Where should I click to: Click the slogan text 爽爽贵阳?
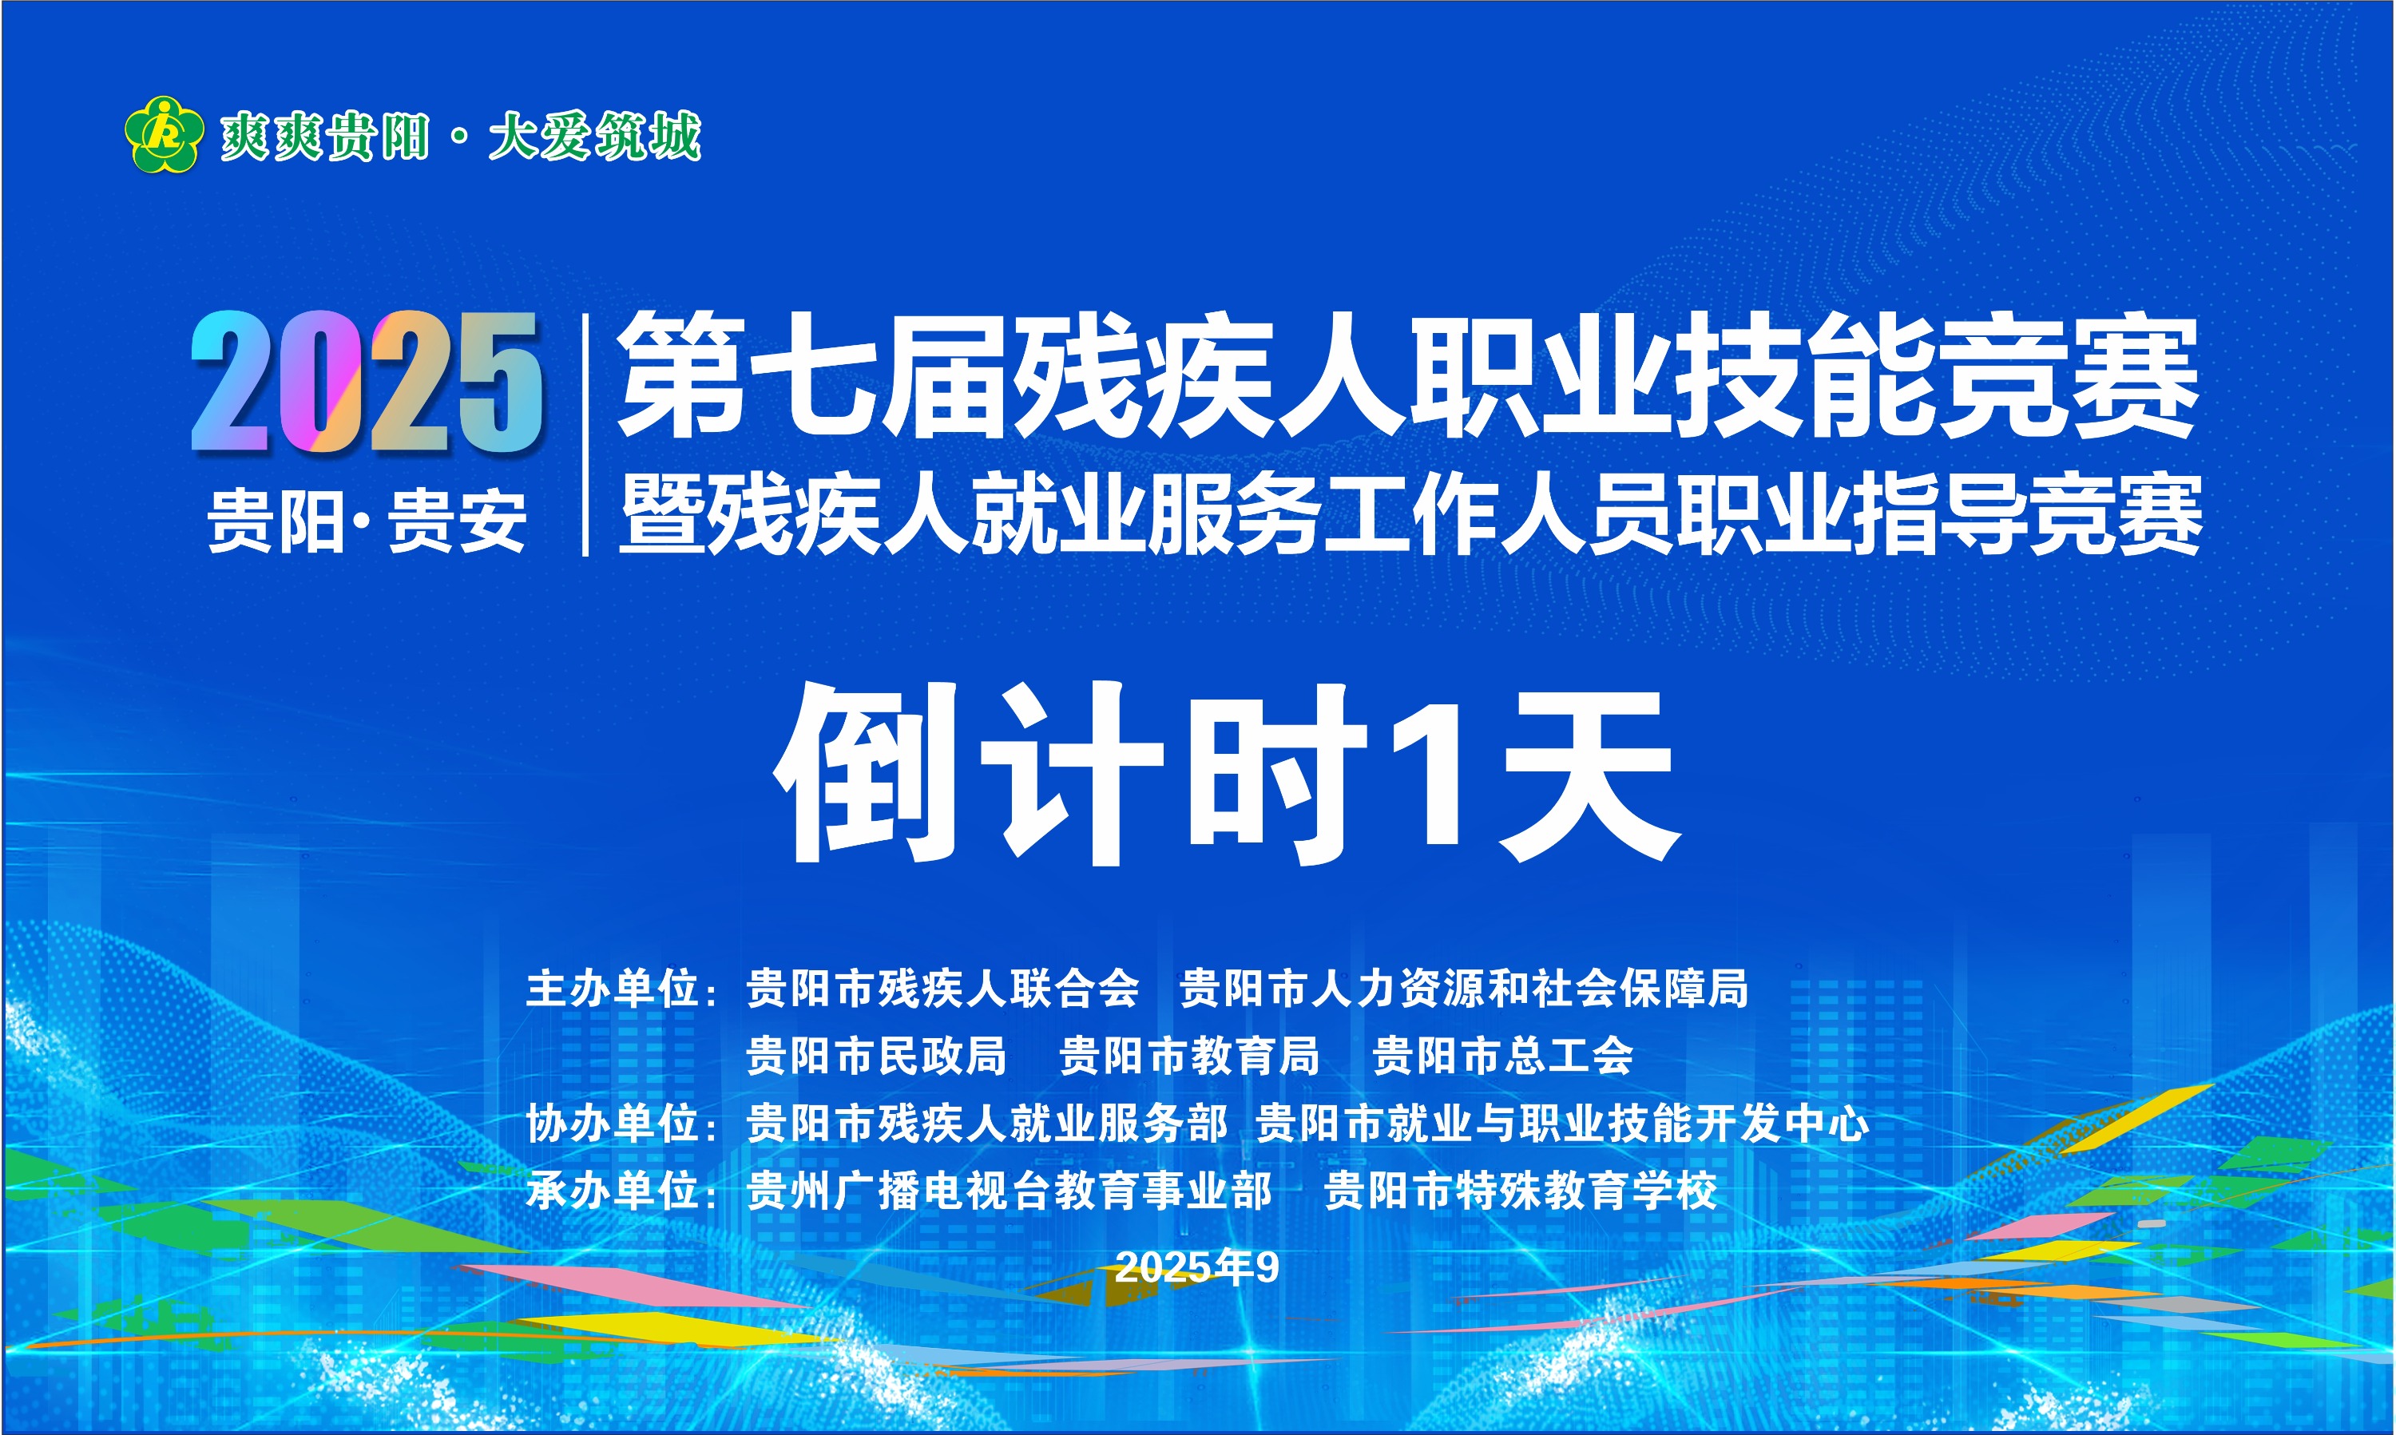[324, 136]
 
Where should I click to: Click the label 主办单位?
[612, 989]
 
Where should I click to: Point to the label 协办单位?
[612, 1124]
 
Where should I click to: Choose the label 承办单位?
[612, 1191]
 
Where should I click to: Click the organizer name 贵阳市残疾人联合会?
[942, 989]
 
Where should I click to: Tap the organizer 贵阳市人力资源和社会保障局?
[1464, 989]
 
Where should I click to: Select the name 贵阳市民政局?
[876, 1056]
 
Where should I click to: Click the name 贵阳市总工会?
[1502, 1056]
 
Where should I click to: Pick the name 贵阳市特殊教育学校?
[1520, 1191]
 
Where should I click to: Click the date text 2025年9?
[1197, 1267]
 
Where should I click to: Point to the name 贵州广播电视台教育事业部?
[1010, 1191]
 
